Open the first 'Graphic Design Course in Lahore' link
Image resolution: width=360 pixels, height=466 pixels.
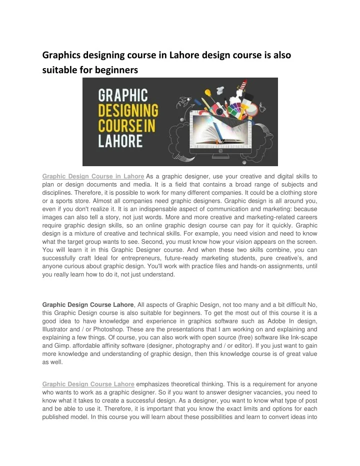pyautogui.click(x=93, y=176)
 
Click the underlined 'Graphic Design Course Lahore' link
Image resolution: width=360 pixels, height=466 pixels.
pyautogui.click(x=88, y=384)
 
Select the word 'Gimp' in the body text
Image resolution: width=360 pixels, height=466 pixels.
pyautogui.click(x=62, y=346)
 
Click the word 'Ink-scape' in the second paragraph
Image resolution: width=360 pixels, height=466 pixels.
pyautogui.click(x=303, y=338)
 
